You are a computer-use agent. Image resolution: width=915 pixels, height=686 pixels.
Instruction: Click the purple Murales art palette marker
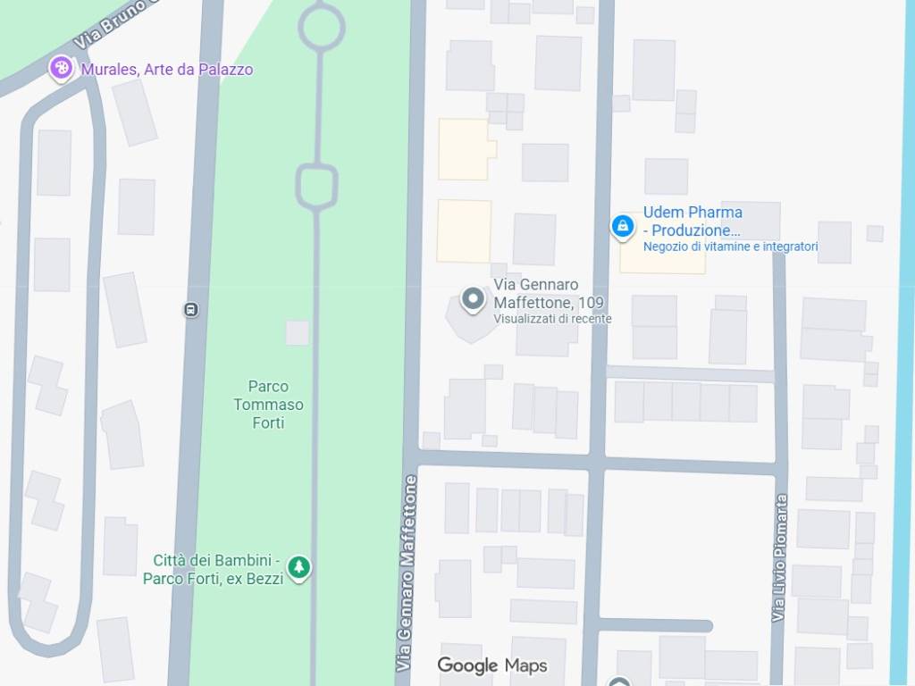pos(61,68)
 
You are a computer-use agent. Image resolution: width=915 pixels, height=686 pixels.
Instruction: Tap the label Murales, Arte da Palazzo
pos(167,69)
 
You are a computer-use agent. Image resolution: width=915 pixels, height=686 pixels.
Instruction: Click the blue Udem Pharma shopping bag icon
pos(622,226)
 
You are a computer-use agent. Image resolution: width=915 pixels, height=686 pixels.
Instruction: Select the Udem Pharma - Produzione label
pos(693,222)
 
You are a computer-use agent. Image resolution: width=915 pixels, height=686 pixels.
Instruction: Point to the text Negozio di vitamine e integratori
pos(730,247)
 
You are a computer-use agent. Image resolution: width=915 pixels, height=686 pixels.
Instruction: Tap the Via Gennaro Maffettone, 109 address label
pos(537,293)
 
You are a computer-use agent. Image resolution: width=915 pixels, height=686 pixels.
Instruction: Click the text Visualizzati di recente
pos(552,319)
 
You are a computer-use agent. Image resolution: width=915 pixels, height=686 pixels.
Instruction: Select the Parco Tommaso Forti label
pos(268,404)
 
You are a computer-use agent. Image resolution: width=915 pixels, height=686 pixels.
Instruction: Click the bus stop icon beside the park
pos(190,310)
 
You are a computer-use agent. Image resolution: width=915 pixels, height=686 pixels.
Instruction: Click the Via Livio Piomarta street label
pos(780,557)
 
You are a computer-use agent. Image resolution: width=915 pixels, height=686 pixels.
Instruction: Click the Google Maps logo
pos(491,665)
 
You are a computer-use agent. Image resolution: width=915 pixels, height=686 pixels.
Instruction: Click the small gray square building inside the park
pos(297,333)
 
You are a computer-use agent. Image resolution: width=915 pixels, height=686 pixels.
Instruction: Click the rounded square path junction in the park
pos(316,186)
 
